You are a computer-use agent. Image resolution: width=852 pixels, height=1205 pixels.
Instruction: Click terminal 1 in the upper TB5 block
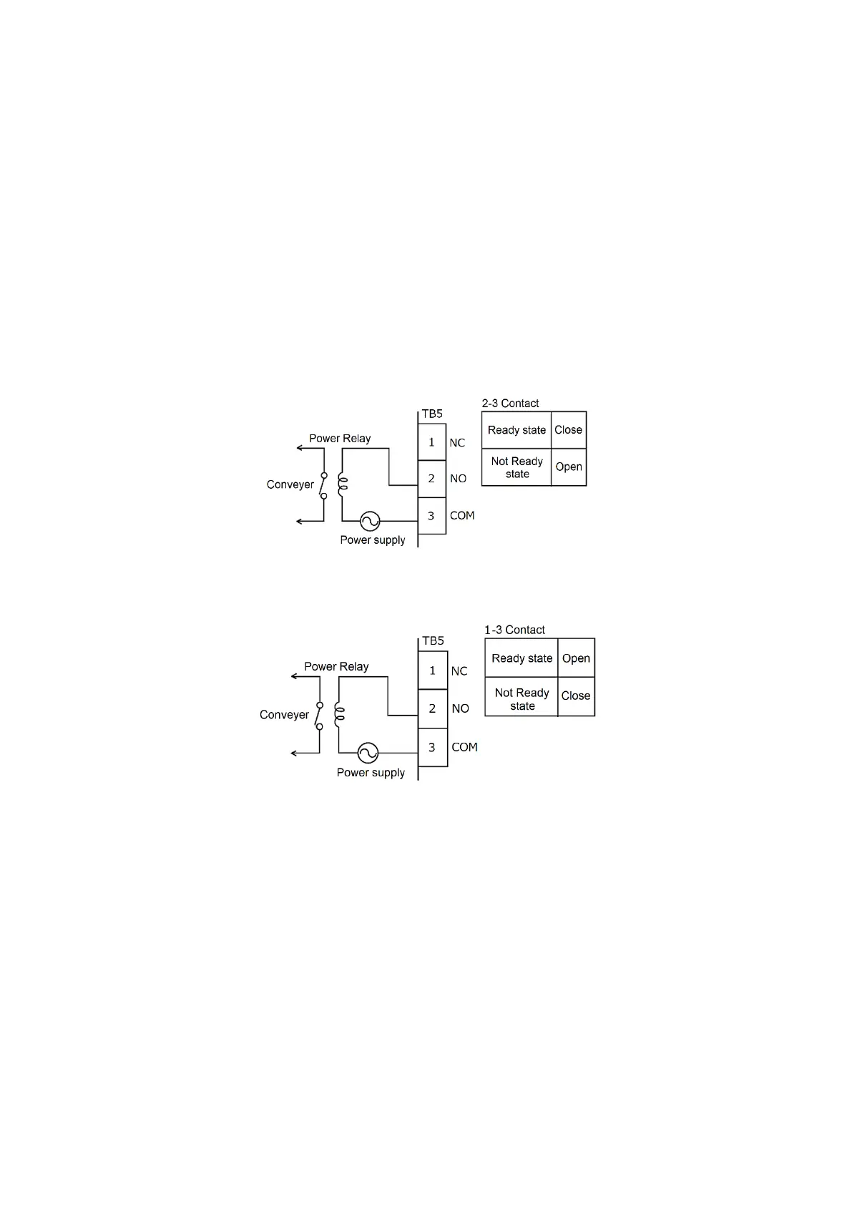pos(431,442)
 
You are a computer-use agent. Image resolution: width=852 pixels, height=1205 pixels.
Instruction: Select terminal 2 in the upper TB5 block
pos(431,479)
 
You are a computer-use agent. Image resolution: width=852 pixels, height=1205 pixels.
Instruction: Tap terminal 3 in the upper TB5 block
pos(431,516)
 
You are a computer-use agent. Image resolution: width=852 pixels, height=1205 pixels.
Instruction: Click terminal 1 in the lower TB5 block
pos(432,670)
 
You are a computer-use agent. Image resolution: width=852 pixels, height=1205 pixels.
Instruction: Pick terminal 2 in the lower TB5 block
pos(432,708)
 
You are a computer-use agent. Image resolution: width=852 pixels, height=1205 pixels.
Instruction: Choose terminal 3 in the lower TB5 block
pos(432,747)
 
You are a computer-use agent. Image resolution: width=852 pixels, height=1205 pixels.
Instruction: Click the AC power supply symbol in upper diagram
pos(370,521)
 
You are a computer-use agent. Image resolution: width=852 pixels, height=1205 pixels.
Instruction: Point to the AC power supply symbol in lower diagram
pos(368,753)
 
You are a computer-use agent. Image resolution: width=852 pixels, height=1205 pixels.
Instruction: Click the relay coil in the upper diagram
pos(343,484)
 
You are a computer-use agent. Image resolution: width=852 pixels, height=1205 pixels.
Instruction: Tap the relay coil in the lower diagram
pos(340,713)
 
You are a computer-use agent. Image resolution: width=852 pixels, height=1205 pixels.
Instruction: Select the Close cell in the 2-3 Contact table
pos(569,430)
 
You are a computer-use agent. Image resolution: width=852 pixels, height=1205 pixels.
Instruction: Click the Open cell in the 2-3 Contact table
pos(569,467)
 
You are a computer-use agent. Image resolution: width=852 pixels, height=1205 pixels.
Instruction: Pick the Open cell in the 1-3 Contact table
pos(576,658)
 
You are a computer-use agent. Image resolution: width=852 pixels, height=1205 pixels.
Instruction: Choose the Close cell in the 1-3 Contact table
pos(576,696)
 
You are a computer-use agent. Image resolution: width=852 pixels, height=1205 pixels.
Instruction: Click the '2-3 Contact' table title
pos(510,404)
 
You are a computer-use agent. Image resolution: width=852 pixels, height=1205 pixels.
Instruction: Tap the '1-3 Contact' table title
pos(514,630)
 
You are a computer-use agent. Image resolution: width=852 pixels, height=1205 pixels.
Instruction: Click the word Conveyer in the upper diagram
pos(290,484)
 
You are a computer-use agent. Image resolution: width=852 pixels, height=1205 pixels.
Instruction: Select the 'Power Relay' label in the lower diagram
pos(336,666)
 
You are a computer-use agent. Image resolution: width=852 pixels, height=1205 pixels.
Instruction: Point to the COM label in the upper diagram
pos(462,516)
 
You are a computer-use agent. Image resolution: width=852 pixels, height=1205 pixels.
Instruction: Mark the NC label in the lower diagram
pos(459,671)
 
